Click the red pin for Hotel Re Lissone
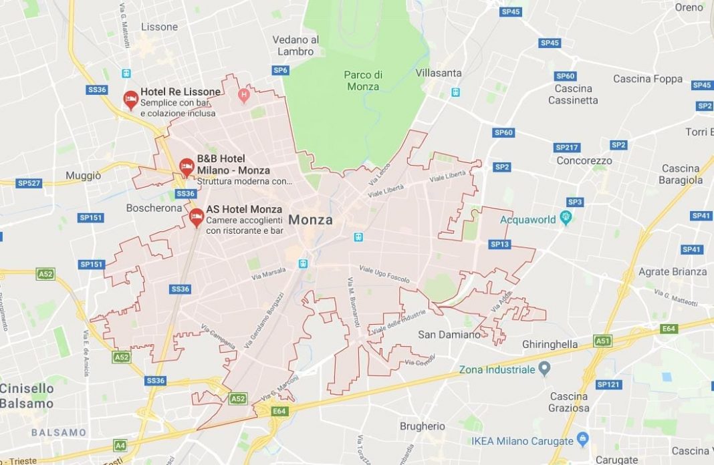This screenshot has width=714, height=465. coord(131,100)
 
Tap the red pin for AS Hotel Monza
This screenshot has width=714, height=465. coord(196,216)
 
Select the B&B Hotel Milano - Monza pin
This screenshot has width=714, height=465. coord(187,166)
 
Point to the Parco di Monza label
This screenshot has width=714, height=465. coord(362,80)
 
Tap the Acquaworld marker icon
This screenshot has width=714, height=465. coord(566,218)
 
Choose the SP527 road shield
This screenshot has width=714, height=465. coord(29,182)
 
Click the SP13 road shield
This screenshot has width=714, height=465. coord(499,245)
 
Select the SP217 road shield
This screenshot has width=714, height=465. coord(567,147)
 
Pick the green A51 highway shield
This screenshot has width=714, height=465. coord(602,341)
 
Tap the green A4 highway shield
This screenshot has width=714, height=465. coord(120,445)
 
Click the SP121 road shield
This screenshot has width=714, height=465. coord(608,384)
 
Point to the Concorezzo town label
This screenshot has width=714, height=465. coord(584,160)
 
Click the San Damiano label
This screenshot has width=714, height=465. coord(449,334)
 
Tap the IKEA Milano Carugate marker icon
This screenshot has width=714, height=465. coord(582,439)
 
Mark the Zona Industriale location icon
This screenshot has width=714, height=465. coord(544,368)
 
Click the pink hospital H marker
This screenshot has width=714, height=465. coord(243,96)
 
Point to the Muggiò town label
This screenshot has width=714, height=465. coord(84,176)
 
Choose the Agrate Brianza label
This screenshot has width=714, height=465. coord(672,271)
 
